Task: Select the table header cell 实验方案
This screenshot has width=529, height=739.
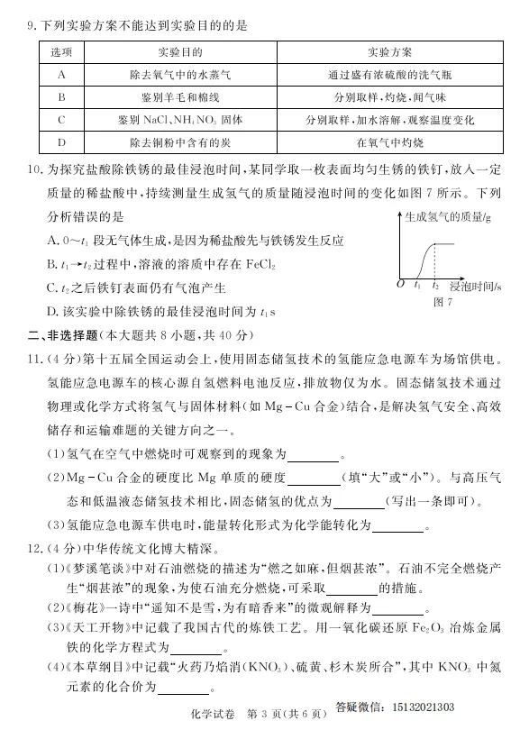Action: (x=390, y=53)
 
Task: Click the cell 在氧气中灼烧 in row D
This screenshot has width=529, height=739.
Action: (x=390, y=142)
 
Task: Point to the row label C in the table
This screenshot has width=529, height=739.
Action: (x=61, y=120)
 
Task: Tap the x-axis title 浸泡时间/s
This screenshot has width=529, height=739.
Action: (x=475, y=286)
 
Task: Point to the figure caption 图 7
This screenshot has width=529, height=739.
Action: (x=442, y=302)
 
